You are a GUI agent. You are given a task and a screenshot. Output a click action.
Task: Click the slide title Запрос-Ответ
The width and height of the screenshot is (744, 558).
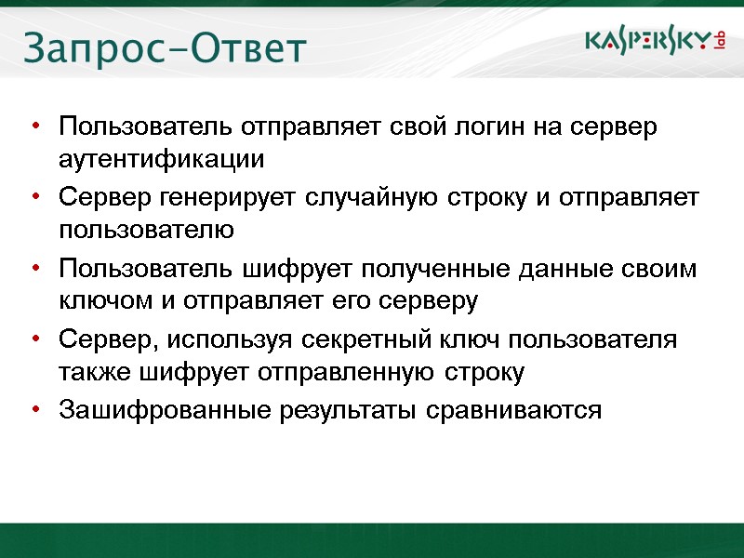click(x=164, y=48)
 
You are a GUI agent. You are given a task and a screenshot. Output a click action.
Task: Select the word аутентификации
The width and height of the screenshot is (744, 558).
click(x=161, y=160)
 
